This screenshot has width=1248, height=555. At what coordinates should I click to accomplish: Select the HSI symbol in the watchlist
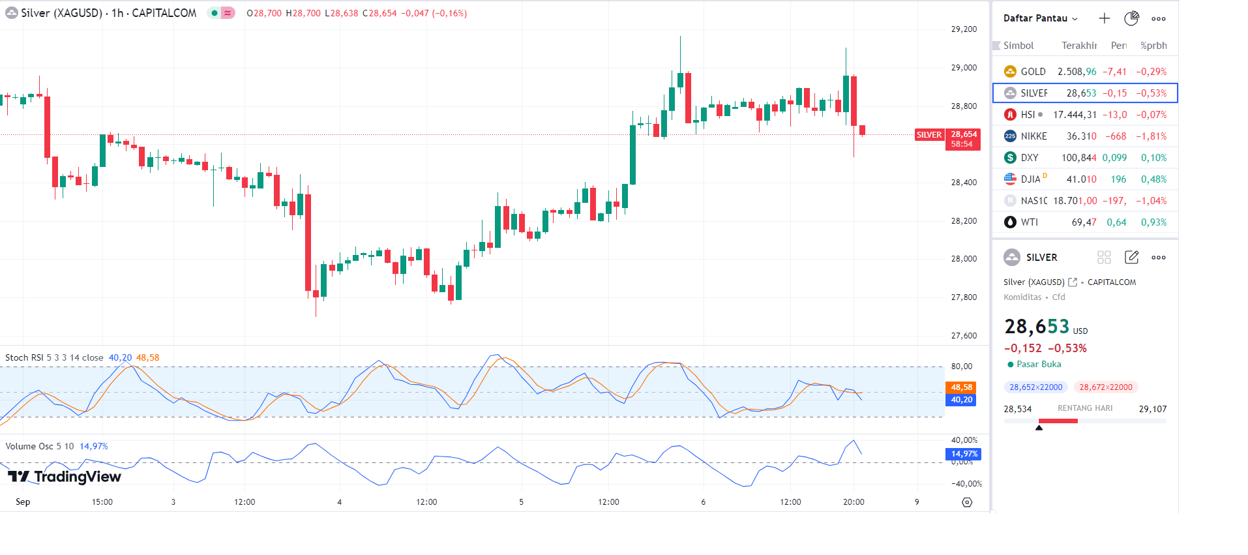point(1028,115)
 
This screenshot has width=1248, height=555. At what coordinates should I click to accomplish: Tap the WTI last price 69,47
point(1084,222)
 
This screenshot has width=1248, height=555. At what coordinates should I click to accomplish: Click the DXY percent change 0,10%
point(1153,158)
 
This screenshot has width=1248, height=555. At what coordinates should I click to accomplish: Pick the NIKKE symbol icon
point(1010,136)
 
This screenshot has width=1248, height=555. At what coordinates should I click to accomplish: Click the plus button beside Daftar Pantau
point(1104,18)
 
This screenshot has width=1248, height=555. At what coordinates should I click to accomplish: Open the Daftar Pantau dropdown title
point(1040,18)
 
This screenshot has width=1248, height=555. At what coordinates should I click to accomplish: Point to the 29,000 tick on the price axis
point(964,68)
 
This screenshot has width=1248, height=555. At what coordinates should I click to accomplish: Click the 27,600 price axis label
point(964,336)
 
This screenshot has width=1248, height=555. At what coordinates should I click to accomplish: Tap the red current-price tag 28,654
point(963,139)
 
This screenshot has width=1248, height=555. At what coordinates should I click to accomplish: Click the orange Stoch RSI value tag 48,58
point(961,387)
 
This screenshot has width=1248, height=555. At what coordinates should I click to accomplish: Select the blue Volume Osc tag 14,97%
point(963,454)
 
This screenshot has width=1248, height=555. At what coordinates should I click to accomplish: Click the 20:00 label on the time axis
point(854,502)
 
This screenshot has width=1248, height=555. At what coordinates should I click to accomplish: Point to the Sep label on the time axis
point(23,502)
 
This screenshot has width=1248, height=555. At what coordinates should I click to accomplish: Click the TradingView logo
point(65,477)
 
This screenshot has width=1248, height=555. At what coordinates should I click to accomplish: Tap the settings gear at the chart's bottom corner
point(967,502)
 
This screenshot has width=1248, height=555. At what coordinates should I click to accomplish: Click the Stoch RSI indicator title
point(54,358)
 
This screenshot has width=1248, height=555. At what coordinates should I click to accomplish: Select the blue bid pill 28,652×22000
point(1035,387)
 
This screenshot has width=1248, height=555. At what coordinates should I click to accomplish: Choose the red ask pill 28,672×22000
point(1105,387)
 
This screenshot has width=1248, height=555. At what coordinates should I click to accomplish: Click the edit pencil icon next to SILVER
point(1131,258)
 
